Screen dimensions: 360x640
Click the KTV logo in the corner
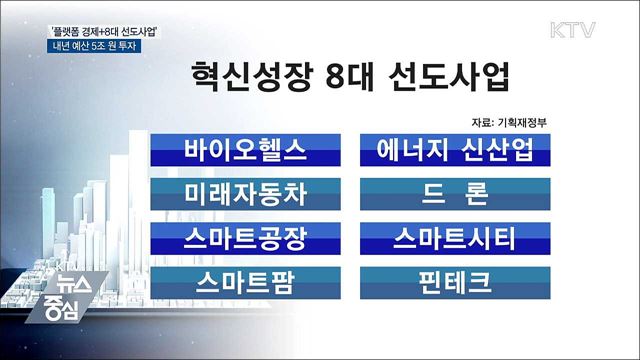point(590,23)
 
